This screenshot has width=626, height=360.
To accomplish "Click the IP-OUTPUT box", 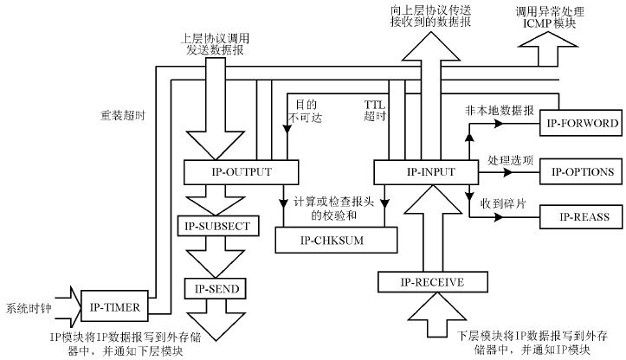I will (229, 171).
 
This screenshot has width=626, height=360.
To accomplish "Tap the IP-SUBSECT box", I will (217, 226).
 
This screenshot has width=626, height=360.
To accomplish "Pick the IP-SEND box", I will (217, 287).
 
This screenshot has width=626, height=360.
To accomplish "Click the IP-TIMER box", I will (115, 305).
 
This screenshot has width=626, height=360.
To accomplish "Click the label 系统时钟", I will (29, 307).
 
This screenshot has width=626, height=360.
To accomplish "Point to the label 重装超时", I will (119, 113).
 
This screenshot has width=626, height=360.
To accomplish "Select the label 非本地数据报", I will (507, 112).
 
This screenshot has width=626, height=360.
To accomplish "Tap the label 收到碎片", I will (501, 202).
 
